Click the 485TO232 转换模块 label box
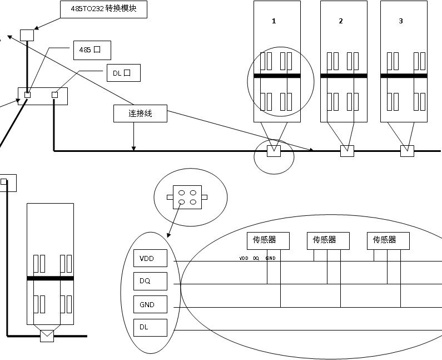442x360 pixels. click(x=103, y=9)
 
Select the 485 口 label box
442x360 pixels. click(x=92, y=50)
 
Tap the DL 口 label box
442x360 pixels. click(x=123, y=73)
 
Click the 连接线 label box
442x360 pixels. click(x=140, y=114)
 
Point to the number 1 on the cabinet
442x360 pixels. click(x=274, y=21)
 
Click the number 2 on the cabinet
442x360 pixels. click(x=341, y=21)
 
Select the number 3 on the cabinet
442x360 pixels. click(x=401, y=21)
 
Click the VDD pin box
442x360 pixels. click(x=150, y=259)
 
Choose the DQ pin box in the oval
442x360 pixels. click(x=150, y=282)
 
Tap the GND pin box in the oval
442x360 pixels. click(x=150, y=304)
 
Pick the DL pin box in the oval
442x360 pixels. click(x=150, y=327)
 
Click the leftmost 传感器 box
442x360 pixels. click(x=269, y=240)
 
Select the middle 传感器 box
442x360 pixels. click(x=329, y=240)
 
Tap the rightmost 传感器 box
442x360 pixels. click(x=388, y=240)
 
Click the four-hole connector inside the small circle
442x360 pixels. click(x=187, y=197)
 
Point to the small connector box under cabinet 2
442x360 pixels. click(x=347, y=151)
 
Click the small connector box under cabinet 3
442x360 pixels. click(x=407, y=151)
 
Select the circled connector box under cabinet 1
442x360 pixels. click(x=274, y=151)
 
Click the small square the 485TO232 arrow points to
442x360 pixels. click(x=27, y=35)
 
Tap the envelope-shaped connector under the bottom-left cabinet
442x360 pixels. click(x=47, y=336)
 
